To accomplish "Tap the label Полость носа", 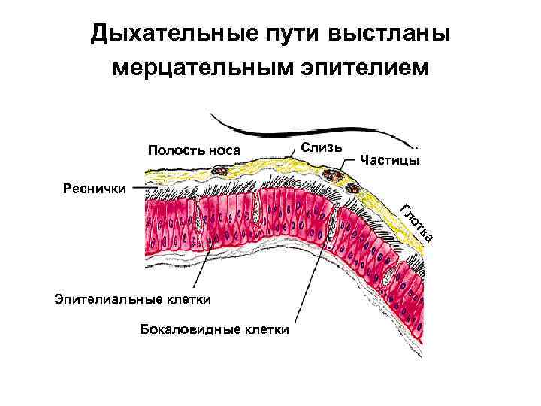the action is [x=194, y=150].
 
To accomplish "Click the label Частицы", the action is [x=390, y=159].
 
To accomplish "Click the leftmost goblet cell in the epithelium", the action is [x=198, y=217].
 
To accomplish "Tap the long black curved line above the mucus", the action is [x=316, y=135].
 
